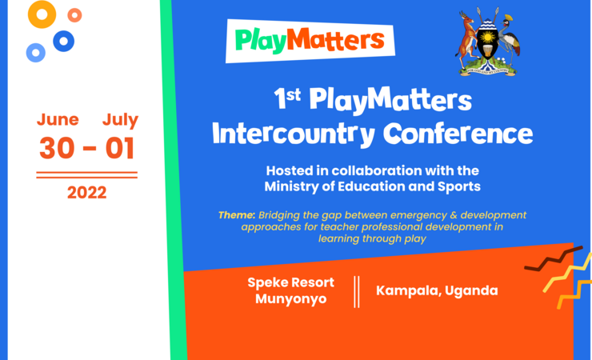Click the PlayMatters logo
point(310,39)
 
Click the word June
point(58,120)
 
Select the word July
point(120,120)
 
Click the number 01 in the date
point(119,148)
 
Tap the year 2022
point(86,192)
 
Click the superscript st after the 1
point(294,95)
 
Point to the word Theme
point(236,215)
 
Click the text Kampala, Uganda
point(437,290)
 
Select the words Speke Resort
point(290,282)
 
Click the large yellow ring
point(42,14)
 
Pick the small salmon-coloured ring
point(74,14)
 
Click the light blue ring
point(35,53)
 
